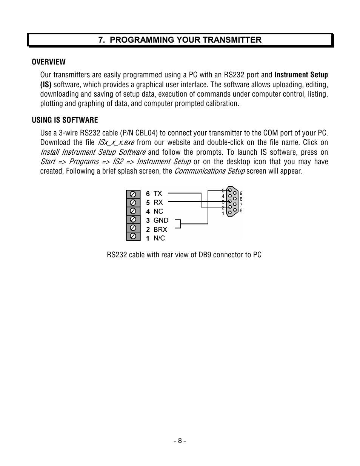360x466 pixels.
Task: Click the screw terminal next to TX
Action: (x=133, y=194)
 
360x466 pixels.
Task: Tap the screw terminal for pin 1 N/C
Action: (x=133, y=237)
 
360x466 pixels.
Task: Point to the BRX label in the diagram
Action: (x=160, y=229)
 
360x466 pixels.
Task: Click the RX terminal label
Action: (x=158, y=203)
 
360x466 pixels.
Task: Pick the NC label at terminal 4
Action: (x=158, y=212)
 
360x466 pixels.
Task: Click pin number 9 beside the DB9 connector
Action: (x=241, y=194)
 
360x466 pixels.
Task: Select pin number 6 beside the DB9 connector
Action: (x=241, y=211)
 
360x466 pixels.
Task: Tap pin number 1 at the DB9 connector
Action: (x=223, y=214)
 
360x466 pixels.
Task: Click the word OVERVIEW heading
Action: (x=49, y=62)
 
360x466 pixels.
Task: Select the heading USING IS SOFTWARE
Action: (x=65, y=120)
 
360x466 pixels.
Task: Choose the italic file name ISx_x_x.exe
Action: (x=116, y=143)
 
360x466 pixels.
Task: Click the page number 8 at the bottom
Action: (x=180, y=441)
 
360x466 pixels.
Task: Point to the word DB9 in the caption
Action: (x=205, y=255)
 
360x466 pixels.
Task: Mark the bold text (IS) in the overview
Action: (x=46, y=85)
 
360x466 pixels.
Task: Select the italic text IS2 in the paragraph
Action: (x=118, y=162)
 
